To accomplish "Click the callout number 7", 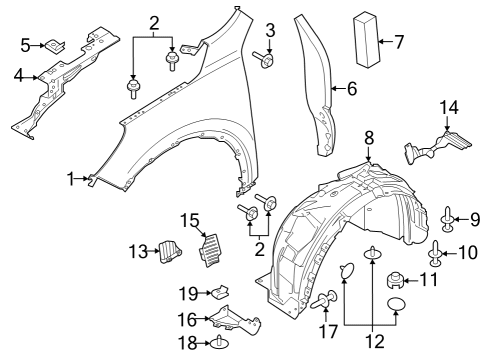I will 399,42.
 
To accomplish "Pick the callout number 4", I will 351,88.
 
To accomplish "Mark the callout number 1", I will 72,179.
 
